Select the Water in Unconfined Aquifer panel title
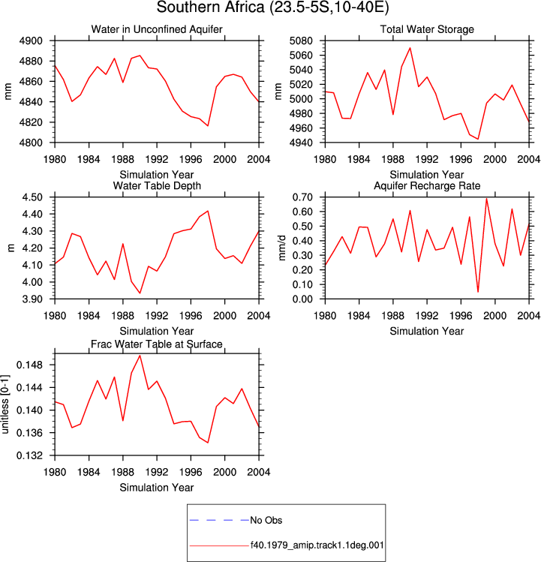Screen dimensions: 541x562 coord(157,29)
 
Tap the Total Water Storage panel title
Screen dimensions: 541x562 coord(427,29)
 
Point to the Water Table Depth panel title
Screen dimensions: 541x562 coord(157,185)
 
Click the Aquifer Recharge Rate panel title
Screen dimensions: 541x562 coord(427,185)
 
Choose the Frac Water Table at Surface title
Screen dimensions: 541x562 coord(157,344)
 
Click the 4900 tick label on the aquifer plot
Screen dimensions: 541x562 coord(31,41)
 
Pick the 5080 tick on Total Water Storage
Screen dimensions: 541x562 coord(301,41)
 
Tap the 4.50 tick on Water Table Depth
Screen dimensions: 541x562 coord(32,197)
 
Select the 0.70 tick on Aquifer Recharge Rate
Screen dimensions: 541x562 coord(302,197)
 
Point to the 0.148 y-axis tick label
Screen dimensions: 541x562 coord(30,365)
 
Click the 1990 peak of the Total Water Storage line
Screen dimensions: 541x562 coord(410,48)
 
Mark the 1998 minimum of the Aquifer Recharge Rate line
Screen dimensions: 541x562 coord(478,292)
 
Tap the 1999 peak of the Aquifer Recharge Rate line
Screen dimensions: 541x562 coord(486,199)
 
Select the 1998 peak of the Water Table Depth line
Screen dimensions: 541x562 coord(208,211)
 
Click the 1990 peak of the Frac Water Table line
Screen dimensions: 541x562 coord(140,356)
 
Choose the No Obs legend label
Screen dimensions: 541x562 coord(266,520)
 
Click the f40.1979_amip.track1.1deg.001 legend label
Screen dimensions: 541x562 coord(317,545)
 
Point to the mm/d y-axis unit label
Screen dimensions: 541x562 coord(282,248)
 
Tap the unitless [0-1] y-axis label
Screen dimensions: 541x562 coord(5,404)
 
